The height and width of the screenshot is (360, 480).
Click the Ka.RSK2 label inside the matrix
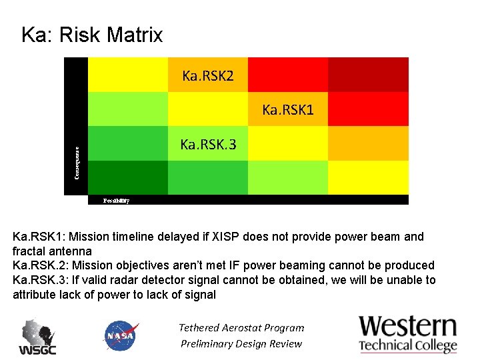208,75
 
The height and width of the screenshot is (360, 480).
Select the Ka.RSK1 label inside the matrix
287,109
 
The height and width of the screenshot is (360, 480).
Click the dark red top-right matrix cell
368,74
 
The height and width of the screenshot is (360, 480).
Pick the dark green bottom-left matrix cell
127,177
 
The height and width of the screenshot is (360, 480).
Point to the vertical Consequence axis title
77,163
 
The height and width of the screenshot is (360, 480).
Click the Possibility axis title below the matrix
116,200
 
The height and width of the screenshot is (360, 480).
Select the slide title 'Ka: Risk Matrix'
92,35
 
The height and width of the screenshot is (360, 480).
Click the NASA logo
121,335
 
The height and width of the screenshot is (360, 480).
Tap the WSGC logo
37,337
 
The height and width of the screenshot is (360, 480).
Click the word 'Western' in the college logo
408,327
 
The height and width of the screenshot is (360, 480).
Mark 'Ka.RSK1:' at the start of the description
38,237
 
